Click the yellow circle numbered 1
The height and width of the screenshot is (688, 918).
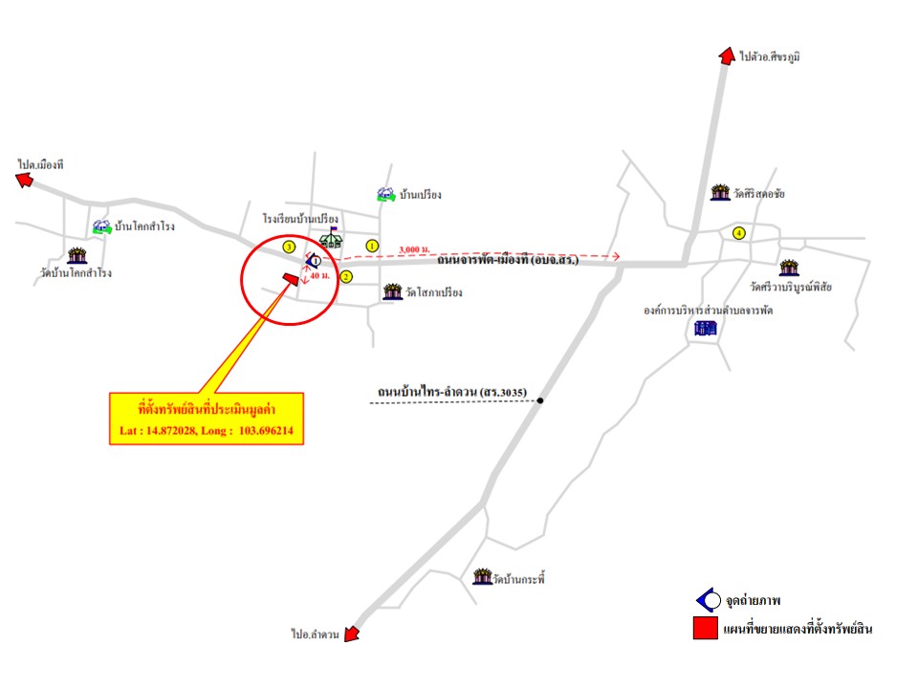click(372, 246)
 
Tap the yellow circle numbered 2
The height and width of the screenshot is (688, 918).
click(346, 277)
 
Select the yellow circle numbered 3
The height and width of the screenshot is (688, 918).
click(290, 247)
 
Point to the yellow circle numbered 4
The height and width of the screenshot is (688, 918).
click(738, 233)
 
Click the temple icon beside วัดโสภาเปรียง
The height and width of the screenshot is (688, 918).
click(391, 291)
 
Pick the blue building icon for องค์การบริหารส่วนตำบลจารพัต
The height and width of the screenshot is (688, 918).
click(705, 330)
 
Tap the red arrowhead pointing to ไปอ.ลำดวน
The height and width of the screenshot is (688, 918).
click(351, 634)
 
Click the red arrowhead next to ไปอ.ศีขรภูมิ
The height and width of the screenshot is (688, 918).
click(726, 56)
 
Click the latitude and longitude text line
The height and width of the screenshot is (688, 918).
click(206, 432)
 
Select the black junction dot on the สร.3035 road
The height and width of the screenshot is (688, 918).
click(540, 400)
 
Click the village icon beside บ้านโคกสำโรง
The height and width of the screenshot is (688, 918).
click(100, 226)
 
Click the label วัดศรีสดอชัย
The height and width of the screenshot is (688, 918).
click(760, 194)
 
